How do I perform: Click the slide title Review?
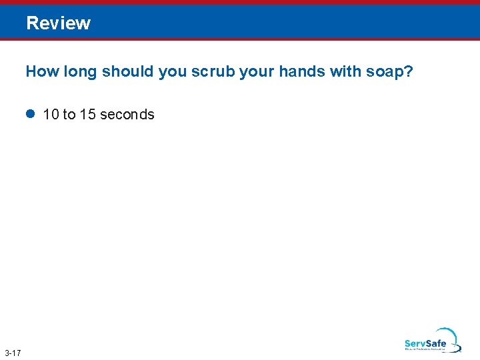59,23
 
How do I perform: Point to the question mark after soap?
409,71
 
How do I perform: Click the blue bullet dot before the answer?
30,114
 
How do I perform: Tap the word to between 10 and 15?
69,115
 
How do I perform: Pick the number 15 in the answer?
87,115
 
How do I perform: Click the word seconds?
127,115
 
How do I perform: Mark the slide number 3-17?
12,352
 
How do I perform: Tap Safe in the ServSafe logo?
436,344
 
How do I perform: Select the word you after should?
172,72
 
